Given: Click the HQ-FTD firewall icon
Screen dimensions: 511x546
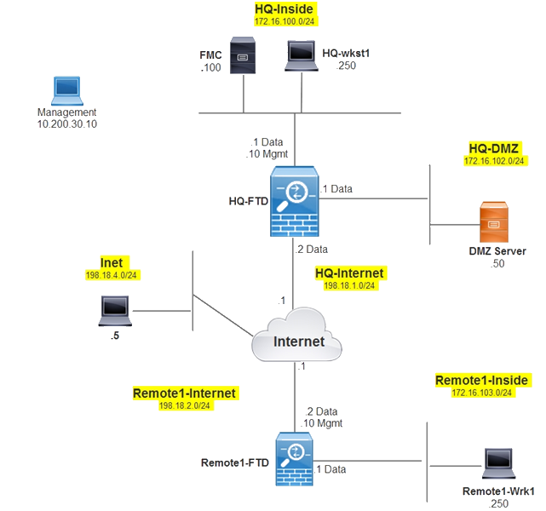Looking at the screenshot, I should tap(293, 201).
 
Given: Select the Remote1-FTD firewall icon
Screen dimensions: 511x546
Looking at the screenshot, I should tap(294, 459).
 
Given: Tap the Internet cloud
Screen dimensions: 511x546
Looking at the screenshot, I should tap(297, 340).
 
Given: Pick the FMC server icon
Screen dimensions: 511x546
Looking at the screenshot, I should tap(243, 57).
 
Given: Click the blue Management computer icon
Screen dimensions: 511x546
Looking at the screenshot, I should tap(65, 91).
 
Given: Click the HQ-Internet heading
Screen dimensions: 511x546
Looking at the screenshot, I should tap(349, 273).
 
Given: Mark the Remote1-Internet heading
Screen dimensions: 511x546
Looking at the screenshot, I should tap(184, 393).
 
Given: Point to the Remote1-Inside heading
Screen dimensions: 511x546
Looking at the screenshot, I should tap(482, 380).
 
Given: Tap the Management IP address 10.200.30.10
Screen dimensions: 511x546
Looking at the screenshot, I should tap(66, 123).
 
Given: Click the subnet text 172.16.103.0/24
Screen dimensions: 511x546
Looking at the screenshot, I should tap(482, 393).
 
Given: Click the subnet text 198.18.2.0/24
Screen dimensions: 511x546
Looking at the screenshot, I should tap(184, 405).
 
